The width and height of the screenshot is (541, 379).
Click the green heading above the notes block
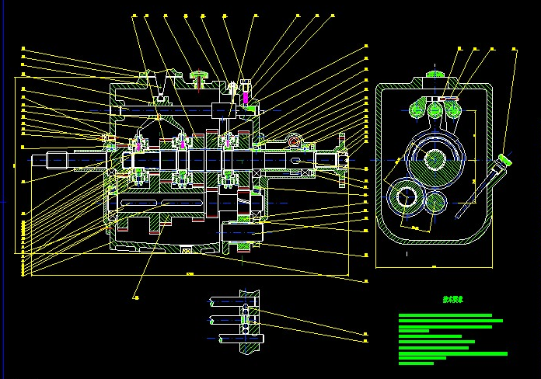point(452,298)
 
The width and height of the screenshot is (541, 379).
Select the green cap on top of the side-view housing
point(433,75)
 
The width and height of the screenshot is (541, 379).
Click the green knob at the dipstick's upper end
point(506,159)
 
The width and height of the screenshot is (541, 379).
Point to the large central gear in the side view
point(434,159)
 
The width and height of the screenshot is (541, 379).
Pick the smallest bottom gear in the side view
point(435,205)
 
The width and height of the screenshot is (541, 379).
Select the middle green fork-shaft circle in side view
point(434,111)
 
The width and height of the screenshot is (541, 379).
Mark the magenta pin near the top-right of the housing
point(246,99)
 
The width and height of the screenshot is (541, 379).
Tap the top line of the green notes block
point(445,315)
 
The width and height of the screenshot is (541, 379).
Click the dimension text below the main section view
point(190,273)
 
